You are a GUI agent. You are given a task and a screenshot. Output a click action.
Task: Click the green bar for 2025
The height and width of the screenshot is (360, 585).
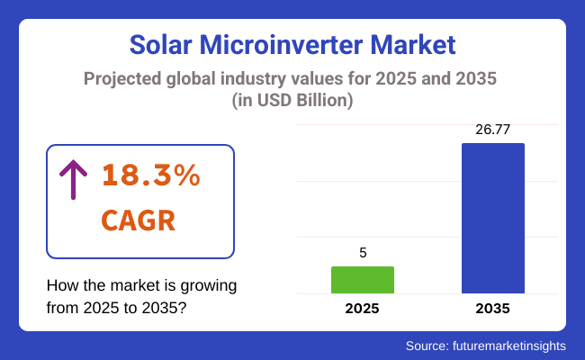tap(363, 280)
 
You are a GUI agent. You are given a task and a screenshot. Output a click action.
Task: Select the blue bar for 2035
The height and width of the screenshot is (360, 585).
tap(492, 218)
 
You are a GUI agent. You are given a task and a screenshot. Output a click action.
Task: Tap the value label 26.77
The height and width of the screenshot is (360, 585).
tap(492, 130)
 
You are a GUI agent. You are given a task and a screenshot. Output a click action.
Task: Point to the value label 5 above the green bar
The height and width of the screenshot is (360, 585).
tap(363, 253)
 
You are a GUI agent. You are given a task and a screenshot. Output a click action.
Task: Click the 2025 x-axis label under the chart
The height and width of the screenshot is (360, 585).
tap(363, 309)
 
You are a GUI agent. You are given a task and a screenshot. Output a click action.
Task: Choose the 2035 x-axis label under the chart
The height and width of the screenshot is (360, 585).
tap(492, 309)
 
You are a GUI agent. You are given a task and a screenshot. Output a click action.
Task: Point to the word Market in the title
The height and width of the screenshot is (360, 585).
tap(417, 44)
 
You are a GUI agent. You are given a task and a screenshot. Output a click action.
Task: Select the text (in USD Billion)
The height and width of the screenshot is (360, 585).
tap(292, 101)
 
